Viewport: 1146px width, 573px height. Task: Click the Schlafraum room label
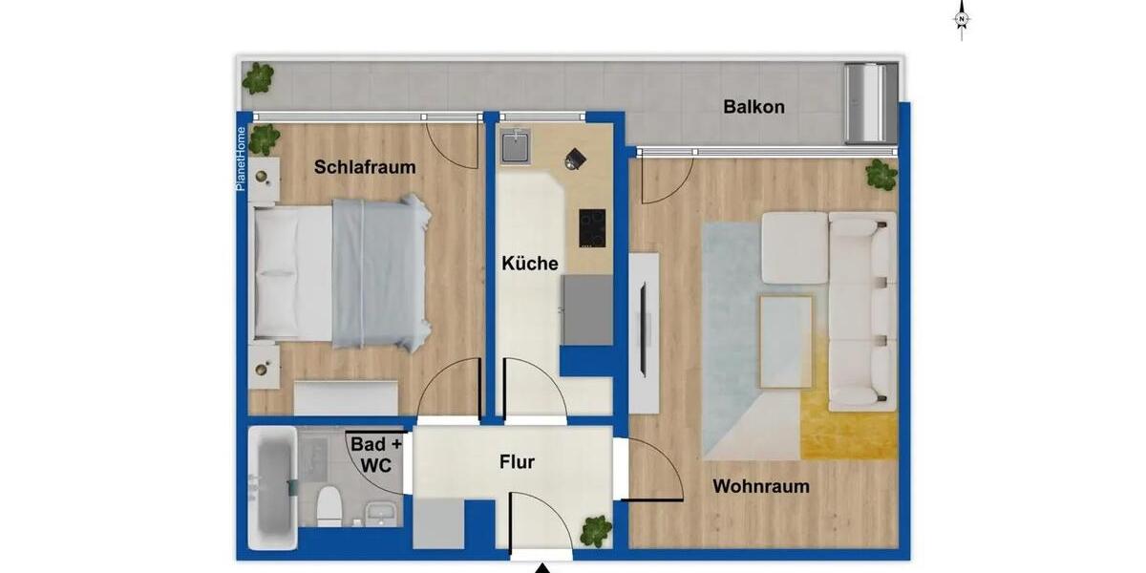click(x=365, y=167)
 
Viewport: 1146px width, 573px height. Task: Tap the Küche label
click(x=530, y=264)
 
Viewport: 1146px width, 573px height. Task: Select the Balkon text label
click(x=753, y=107)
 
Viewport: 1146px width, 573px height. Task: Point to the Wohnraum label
click(x=761, y=487)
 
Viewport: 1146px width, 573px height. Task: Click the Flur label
click(x=517, y=463)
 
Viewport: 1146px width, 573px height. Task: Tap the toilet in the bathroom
click(x=329, y=505)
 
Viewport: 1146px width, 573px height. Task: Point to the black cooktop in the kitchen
click(x=591, y=226)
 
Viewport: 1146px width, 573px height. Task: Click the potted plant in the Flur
click(x=596, y=530)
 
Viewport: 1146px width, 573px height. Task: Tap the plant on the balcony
click(x=258, y=77)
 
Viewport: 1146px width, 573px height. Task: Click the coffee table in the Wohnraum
click(x=785, y=341)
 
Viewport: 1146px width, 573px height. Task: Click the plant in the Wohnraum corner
click(x=881, y=175)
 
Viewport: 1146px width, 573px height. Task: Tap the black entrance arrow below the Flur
click(x=542, y=566)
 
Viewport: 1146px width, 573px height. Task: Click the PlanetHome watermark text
click(x=242, y=159)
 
